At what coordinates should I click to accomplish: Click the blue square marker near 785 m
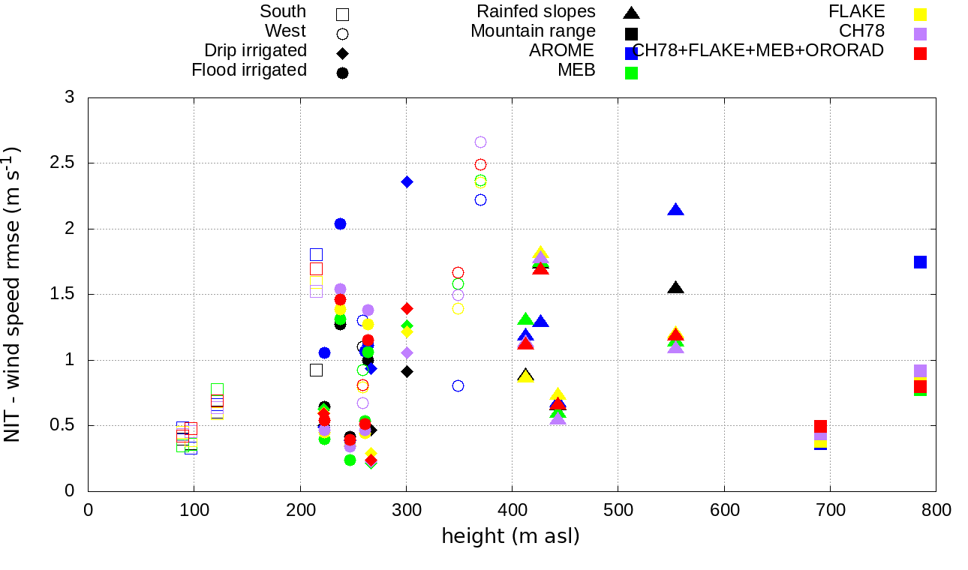click(920, 262)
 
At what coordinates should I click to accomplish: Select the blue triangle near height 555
click(676, 210)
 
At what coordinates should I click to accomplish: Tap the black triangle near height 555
click(676, 288)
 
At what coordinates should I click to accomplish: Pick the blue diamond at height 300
click(407, 181)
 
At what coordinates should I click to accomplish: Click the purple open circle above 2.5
click(480, 142)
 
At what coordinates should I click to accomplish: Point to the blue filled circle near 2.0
click(340, 224)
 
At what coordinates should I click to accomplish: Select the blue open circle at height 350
click(458, 385)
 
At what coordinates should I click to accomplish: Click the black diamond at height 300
click(407, 371)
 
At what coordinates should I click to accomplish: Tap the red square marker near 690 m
click(820, 426)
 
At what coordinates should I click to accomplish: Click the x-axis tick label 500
click(618, 510)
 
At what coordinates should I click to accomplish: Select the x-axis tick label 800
click(936, 510)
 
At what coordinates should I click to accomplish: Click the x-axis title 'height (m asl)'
click(510, 536)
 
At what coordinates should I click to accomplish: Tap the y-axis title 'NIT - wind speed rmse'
click(14, 294)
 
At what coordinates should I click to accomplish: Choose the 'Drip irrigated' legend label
click(255, 50)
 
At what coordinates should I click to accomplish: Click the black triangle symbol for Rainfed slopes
click(631, 13)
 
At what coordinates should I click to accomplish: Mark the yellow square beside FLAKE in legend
click(920, 13)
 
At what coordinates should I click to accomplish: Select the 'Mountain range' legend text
click(533, 31)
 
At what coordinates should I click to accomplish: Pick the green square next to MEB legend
click(631, 73)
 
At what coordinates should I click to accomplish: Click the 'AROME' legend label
click(561, 50)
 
